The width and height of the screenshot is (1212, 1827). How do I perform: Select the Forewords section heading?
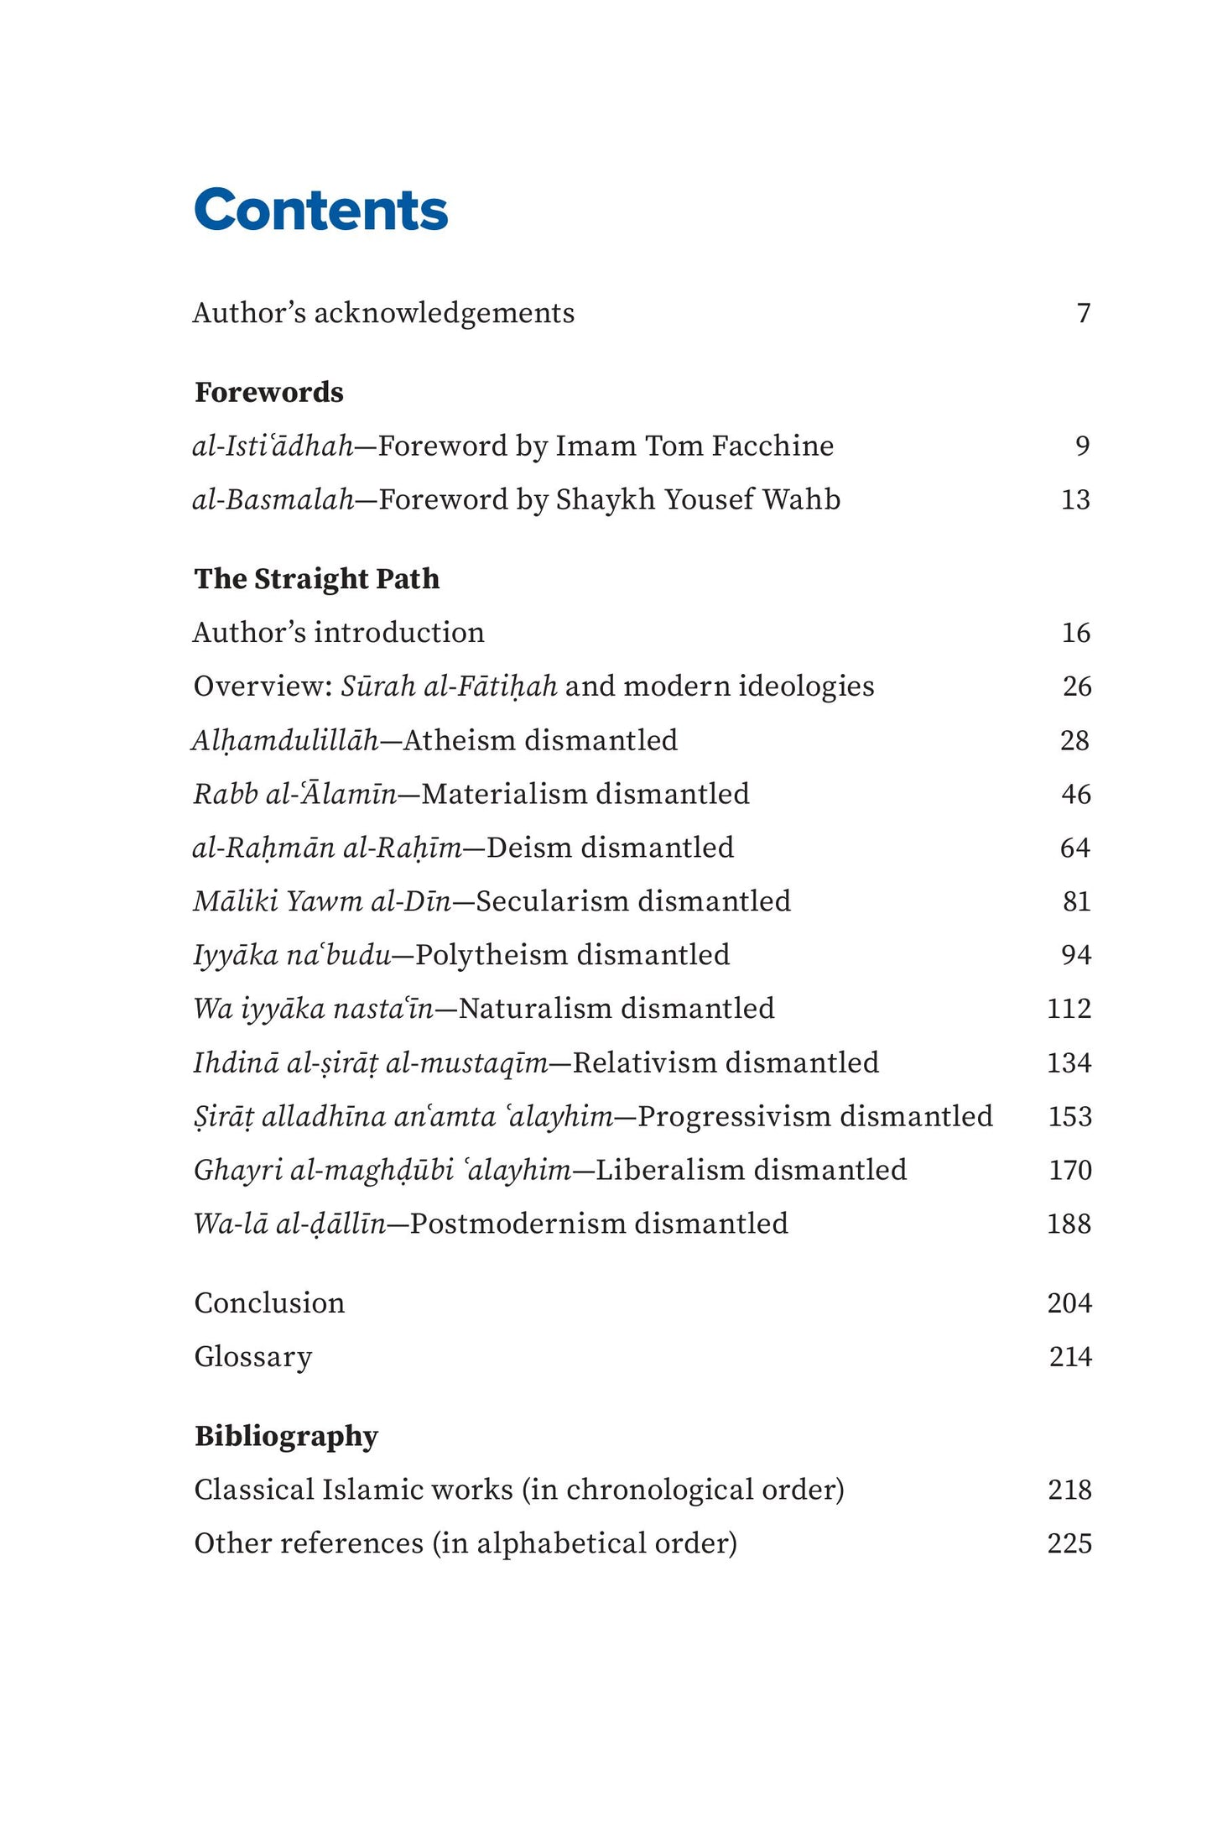tap(269, 392)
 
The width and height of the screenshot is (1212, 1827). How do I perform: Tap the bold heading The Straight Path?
tap(317, 578)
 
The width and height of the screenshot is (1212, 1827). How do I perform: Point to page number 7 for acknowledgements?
tap(1084, 313)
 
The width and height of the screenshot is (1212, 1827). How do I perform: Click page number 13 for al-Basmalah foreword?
tap(1075, 499)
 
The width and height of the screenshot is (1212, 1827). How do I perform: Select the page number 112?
tap(1069, 1008)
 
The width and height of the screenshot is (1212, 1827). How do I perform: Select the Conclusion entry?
tap(269, 1302)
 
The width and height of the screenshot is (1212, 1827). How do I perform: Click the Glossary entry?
tap(252, 1356)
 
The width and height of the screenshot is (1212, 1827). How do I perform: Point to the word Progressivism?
tap(735, 1116)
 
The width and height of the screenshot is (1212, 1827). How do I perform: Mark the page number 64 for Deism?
tap(1074, 848)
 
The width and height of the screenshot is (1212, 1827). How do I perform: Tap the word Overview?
tap(263, 686)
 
